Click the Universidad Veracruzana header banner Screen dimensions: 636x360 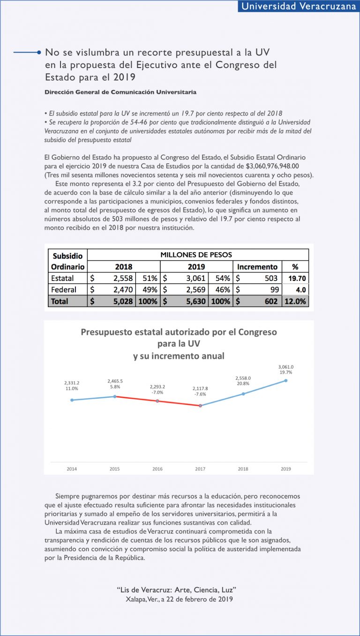coord(298,6)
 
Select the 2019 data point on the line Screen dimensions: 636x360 coord(286,380)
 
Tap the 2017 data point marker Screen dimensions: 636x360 coord(200,405)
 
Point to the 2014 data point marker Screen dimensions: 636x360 coord(72,400)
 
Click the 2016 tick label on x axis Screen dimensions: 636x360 coord(157,469)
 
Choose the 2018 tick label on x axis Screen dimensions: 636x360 coord(243,469)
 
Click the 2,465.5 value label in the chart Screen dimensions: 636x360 coord(115,382)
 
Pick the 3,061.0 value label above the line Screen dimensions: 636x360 coord(286,367)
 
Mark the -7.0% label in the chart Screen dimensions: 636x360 coord(157,392)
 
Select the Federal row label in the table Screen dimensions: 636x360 coord(64,290)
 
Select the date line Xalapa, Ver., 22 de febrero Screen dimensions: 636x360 coord(180,599)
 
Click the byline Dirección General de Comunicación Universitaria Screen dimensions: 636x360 coord(120,92)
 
